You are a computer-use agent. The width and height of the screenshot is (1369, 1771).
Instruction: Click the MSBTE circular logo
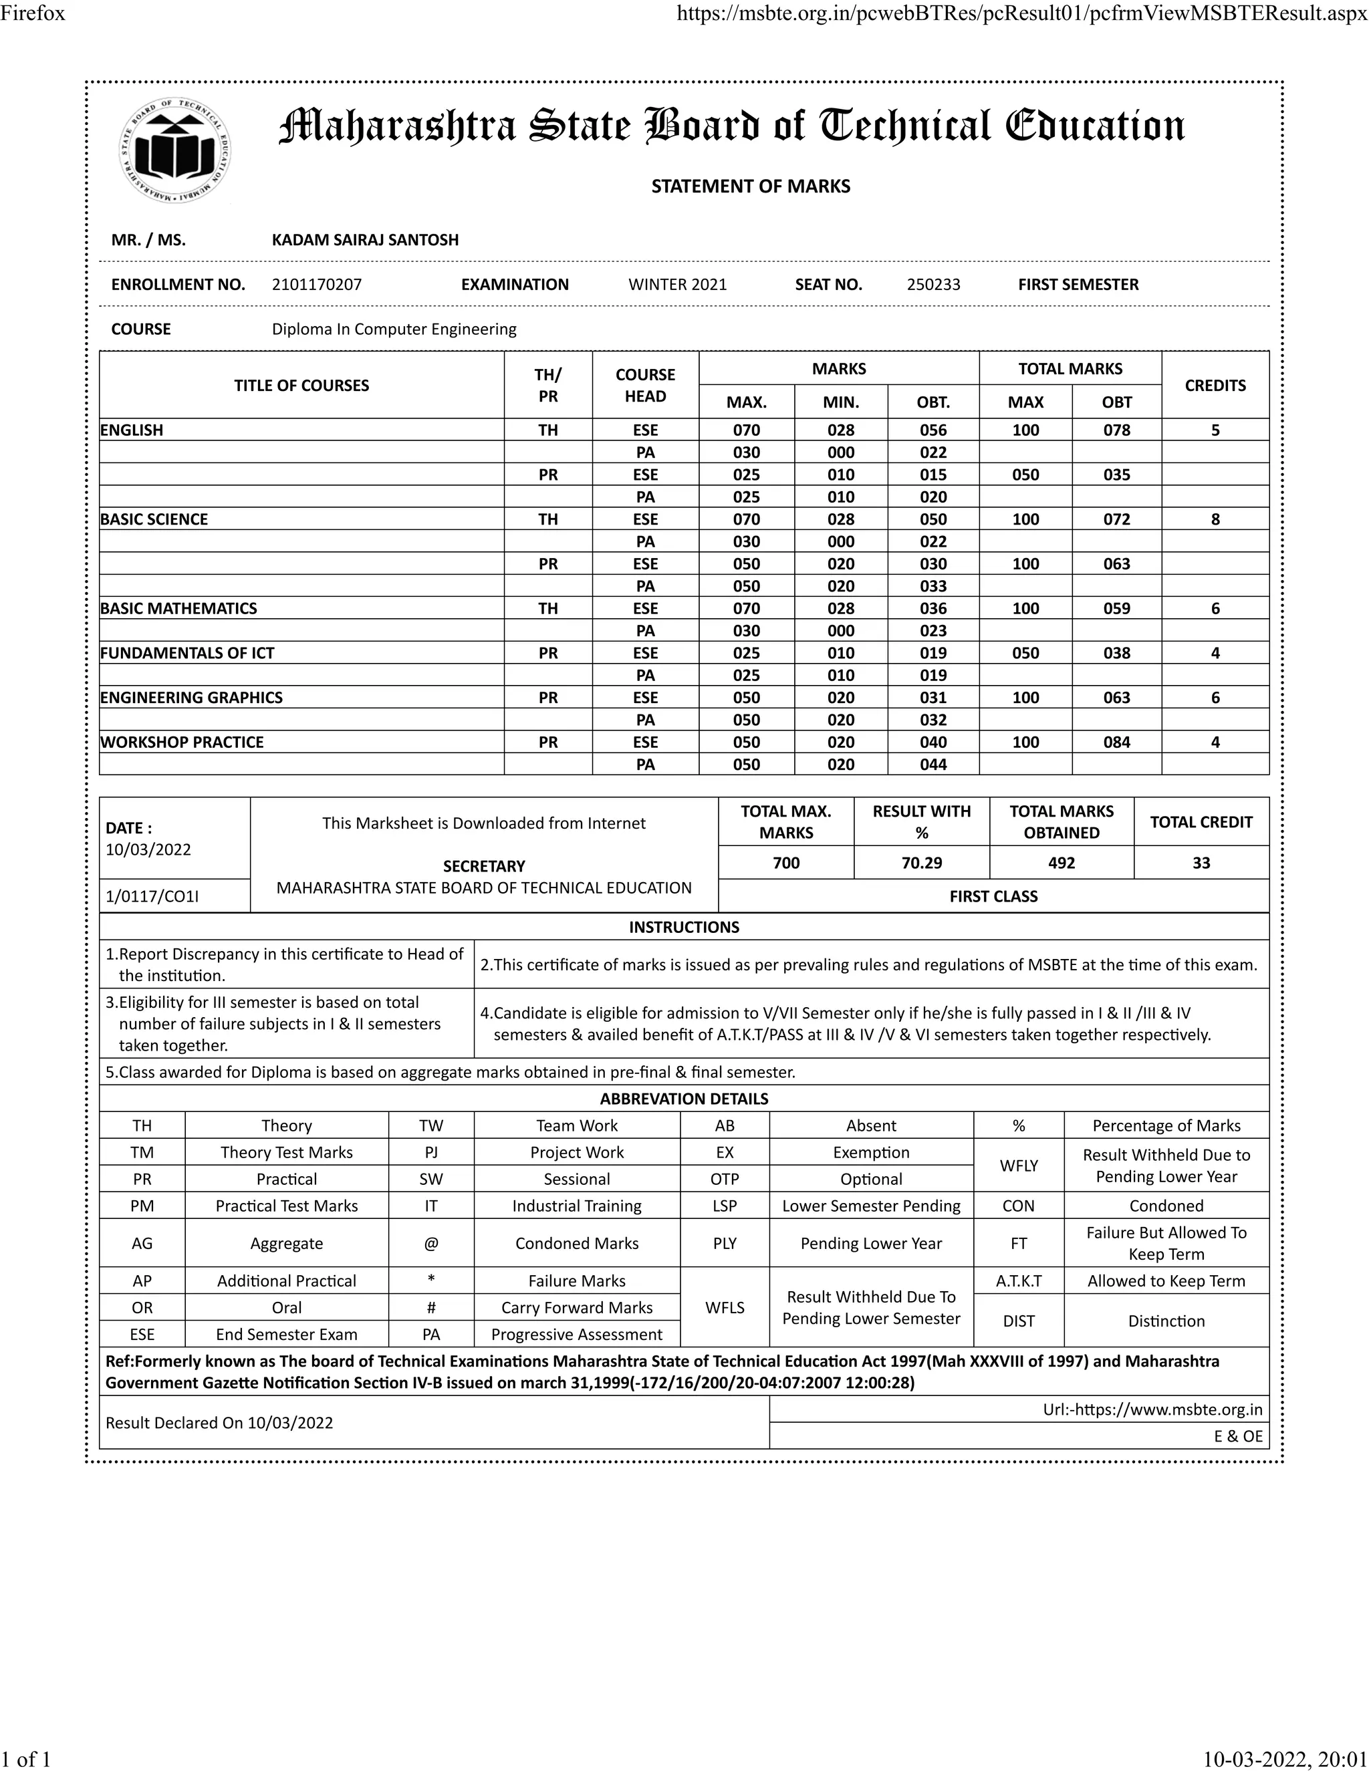pyautogui.click(x=174, y=151)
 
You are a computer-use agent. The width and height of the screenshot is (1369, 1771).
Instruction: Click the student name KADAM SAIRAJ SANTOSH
pyautogui.click(x=365, y=240)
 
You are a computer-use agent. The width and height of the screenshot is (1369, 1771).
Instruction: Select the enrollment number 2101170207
pyautogui.click(x=316, y=285)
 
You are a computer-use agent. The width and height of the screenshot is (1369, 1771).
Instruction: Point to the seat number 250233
pyautogui.click(x=933, y=285)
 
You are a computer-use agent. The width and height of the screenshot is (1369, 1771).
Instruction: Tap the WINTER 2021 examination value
pyautogui.click(x=677, y=285)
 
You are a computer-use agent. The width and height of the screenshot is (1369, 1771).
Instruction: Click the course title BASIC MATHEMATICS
pyautogui.click(x=178, y=608)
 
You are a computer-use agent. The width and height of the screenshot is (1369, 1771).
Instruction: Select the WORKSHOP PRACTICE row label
pyautogui.click(x=182, y=742)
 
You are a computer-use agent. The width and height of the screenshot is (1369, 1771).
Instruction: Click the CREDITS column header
pyautogui.click(x=1215, y=385)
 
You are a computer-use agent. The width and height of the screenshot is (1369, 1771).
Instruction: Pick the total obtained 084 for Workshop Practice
pyautogui.click(x=1117, y=742)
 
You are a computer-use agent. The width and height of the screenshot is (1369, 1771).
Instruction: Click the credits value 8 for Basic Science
pyautogui.click(x=1215, y=519)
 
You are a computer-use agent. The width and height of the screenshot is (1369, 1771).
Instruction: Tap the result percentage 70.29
pyautogui.click(x=921, y=863)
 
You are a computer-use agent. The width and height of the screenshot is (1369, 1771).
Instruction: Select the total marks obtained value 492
pyautogui.click(x=1061, y=863)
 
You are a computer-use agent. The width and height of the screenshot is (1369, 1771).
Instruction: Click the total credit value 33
pyautogui.click(x=1201, y=863)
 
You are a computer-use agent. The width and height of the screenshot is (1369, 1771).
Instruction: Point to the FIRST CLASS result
pyautogui.click(x=993, y=896)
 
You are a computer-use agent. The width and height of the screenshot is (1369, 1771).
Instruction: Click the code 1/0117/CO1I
pyautogui.click(x=152, y=896)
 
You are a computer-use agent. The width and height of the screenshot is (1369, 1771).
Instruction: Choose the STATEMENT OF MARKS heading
pyautogui.click(x=750, y=186)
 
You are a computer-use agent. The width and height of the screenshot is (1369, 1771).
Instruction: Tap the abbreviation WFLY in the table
pyautogui.click(x=1019, y=1166)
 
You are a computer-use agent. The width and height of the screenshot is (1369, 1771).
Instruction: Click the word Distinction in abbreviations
pyautogui.click(x=1166, y=1321)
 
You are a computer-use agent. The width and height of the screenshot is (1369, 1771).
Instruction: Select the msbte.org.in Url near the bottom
pyautogui.click(x=1152, y=1410)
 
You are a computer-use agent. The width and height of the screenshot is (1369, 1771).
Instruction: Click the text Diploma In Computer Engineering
pyautogui.click(x=394, y=329)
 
